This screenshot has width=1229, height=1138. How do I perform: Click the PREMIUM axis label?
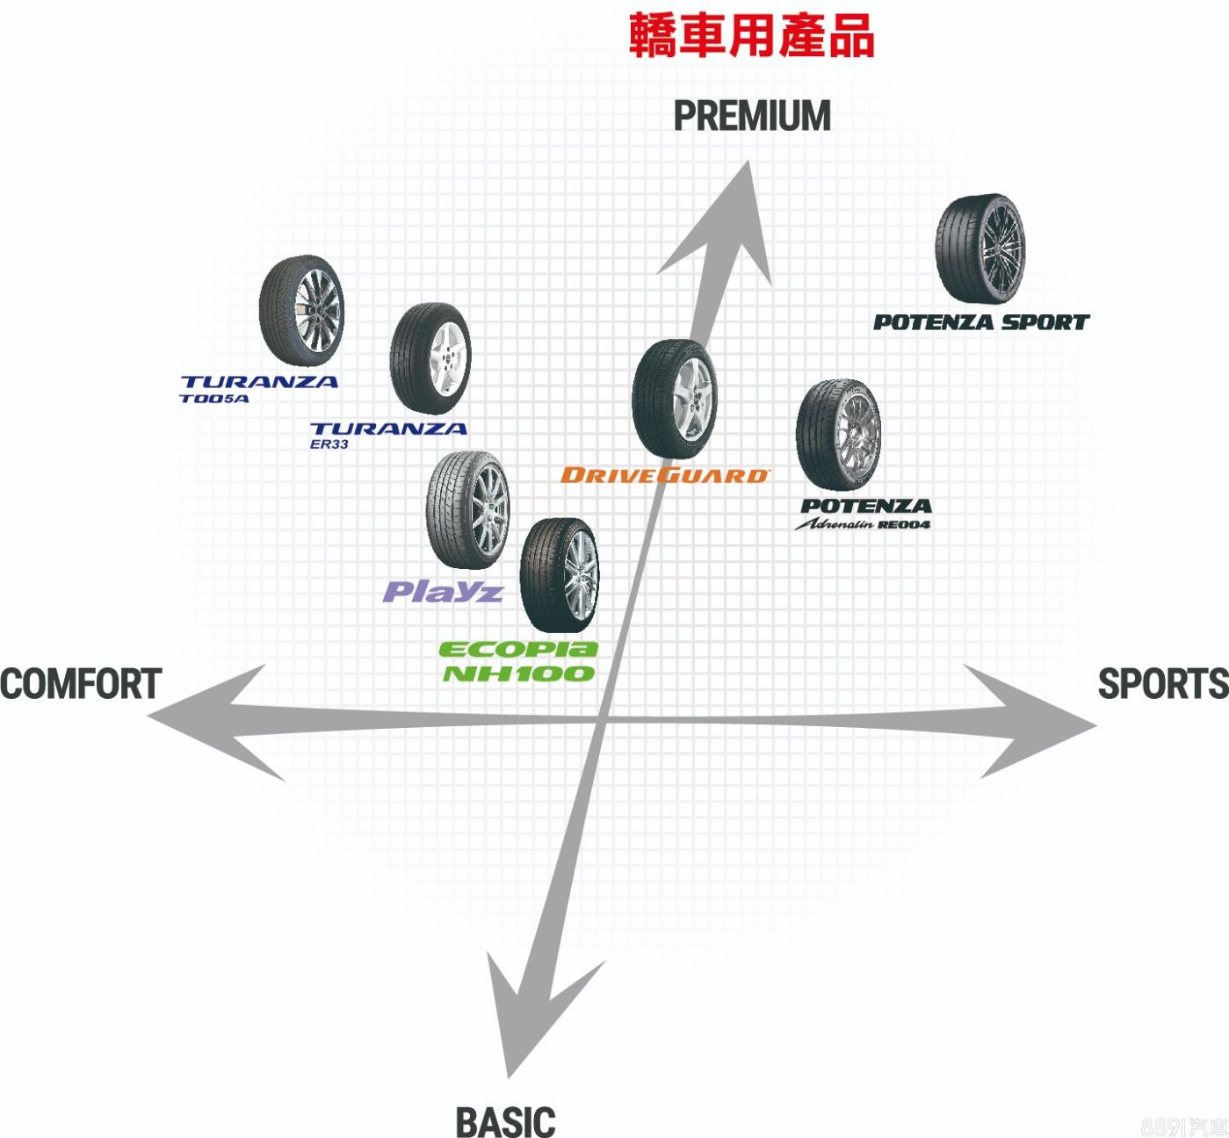point(752,117)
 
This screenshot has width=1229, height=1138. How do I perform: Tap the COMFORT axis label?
point(81,684)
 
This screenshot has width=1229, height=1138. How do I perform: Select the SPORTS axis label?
point(1162,684)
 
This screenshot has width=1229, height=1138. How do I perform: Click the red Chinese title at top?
point(751,37)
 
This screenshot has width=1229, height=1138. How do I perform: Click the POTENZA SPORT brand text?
point(980,322)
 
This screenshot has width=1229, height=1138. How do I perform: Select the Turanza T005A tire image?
point(301,311)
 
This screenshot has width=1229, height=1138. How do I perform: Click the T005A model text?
point(214,399)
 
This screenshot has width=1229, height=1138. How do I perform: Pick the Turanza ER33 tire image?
point(430,358)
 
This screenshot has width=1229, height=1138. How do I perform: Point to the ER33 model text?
point(329,444)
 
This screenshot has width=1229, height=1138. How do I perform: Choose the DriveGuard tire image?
point(674,399)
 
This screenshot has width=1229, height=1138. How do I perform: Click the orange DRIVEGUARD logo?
point(664,475)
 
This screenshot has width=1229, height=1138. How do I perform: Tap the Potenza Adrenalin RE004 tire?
point(837,435)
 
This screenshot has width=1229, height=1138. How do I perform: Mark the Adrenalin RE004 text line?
point(862,524)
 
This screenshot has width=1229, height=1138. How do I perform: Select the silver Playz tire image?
point(467,509)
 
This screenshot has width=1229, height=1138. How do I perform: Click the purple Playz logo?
point(443,591)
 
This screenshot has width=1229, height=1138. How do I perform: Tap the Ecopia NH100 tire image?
point(559,574)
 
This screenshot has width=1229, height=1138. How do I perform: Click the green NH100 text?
point(518,673)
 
